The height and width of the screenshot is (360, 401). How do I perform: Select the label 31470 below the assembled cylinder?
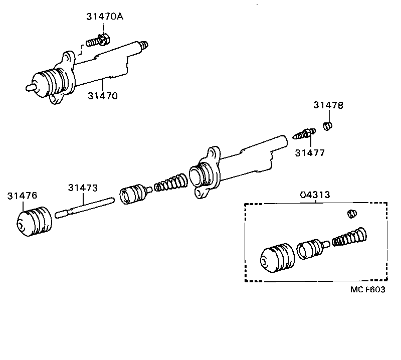coord(102,95)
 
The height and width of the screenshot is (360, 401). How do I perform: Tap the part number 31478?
coord(328,105)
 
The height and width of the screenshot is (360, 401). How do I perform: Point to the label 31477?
coord(309,152)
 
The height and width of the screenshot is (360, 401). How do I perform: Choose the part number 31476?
coord(22,196)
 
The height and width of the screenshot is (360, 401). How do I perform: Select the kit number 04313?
coord(315,195)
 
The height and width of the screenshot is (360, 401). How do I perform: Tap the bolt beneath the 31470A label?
coord(98,40)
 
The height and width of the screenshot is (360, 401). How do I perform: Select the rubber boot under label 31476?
coord(34,221)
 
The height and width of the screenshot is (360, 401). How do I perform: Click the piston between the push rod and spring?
coord(134,193)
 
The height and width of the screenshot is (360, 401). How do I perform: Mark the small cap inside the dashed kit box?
coord(352,214)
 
